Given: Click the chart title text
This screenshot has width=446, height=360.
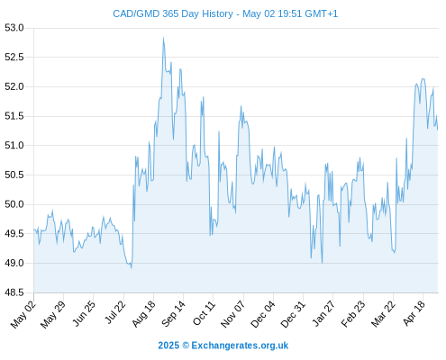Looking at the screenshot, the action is pyautogui.click(x=225, y=13).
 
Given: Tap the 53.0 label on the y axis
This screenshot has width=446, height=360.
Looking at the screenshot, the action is pyautogui.click(x=14, y=28).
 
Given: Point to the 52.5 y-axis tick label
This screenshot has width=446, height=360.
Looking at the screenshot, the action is pyautogui.click(x=14, y=57).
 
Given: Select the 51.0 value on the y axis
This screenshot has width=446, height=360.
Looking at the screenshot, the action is pyautogui.click(x=14, y=146).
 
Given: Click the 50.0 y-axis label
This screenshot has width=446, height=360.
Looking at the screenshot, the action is pyautogui.click(x=14, y=204).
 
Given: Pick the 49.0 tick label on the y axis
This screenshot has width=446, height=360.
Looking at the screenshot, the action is pyautogui.click(x=14, y=263).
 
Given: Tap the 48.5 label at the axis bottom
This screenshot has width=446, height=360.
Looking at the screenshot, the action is pyautogui.click(x=14, y=292).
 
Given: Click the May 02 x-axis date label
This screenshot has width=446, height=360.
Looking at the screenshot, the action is pyautogui.click(x=23, y=314).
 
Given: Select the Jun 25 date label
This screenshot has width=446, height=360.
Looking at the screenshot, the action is pyautogui.click(x=84, y=313).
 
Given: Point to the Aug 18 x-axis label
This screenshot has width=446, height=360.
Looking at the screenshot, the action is pyautogui.click(x=144, y=314).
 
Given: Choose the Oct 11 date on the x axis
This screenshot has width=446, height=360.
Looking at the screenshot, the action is pyautogui.click(x=205, y=313).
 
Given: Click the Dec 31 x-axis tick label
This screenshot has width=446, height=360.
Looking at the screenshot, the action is pyautogui.click(x=293, y=314).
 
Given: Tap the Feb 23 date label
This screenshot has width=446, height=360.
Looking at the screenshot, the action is pyautogui.click(x=353, y=314).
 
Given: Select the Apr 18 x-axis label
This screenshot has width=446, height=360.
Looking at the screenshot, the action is pyautogui.click(x=414, y=313).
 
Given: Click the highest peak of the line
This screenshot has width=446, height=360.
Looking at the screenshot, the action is pyautogui.click(x=163, y=38).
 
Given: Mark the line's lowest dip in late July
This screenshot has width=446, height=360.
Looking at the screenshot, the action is pyautogui.click(x=131, y=268).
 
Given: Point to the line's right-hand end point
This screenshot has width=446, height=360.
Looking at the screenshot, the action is pyautogui.click(x=438, y=130).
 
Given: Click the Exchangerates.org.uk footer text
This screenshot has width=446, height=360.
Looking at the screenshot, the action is pyautogui.click(x=240, y=346).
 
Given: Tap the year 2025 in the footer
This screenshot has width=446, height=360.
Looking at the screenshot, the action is pyautogui.click(x=168, y=346).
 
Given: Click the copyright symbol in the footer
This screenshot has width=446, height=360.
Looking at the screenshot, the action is pyautogui.click(x=186, y=346).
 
